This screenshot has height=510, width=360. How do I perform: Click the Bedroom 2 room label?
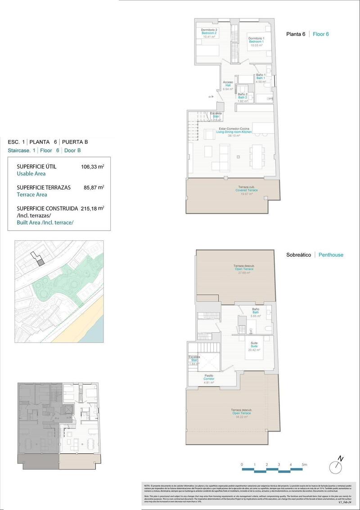coord(209,33)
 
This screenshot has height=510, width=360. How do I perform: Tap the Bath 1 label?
coord(261,78)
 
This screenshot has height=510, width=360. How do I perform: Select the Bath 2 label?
coord(243,98)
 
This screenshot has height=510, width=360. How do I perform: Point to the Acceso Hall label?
coord(228,86)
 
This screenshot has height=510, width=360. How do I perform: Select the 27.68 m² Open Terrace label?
coord(244,269)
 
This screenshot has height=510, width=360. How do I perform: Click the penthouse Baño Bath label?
coord(256,312)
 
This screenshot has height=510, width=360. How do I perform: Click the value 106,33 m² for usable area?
coord(92,167)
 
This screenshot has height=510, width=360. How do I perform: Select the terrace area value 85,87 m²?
coord(94,187)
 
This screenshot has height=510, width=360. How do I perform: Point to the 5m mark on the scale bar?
coord(305,464)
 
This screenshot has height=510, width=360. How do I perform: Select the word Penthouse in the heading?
coord(331,255)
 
